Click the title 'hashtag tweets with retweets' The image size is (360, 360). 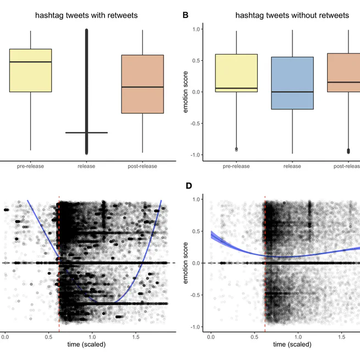(x=86, y=15)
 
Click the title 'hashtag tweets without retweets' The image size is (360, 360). (x=292, y=15)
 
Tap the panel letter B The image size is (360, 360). (x=185, y=15)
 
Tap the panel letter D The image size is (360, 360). (x=189, y=185)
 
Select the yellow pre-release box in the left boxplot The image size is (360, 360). (x=31, y=70)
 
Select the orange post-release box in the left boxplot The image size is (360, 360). (x=142, y=84)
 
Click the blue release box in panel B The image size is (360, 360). (x=292, y=83)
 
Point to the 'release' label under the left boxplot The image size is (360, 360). (x=86, y=167)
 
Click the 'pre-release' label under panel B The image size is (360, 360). (x=236, y=167)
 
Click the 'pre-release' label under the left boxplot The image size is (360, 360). (x=31, y=167)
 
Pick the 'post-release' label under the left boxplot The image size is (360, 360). (x=142, y=167)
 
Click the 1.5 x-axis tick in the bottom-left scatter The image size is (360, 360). (x=135, y=336)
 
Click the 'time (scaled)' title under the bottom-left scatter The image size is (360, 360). (x=86, y=345)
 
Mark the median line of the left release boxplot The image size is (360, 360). (x=86, y=132)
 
